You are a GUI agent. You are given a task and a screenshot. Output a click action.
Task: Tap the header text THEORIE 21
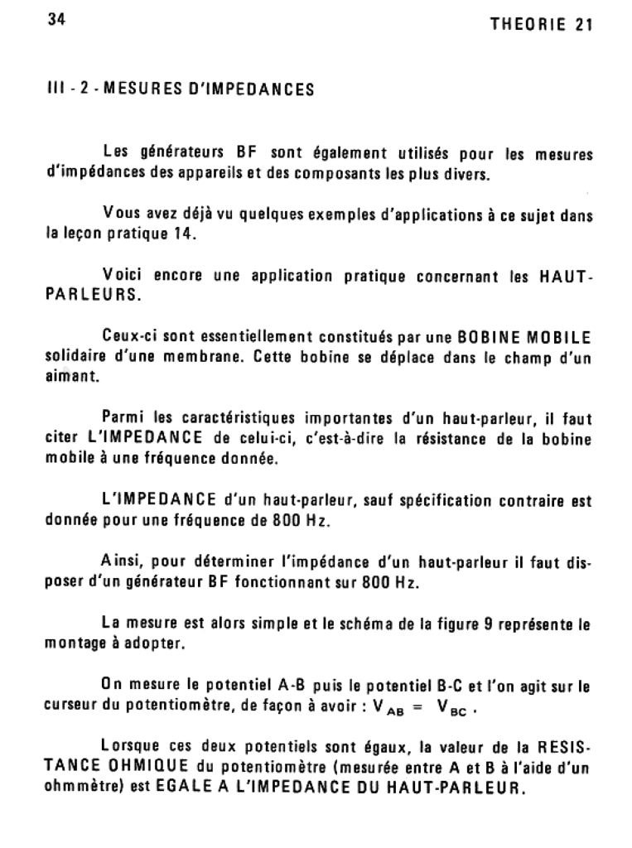pyautogui.click(x=541, y=25)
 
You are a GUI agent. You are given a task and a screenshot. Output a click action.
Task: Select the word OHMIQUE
pyautogui.click(x=144, y=767)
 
